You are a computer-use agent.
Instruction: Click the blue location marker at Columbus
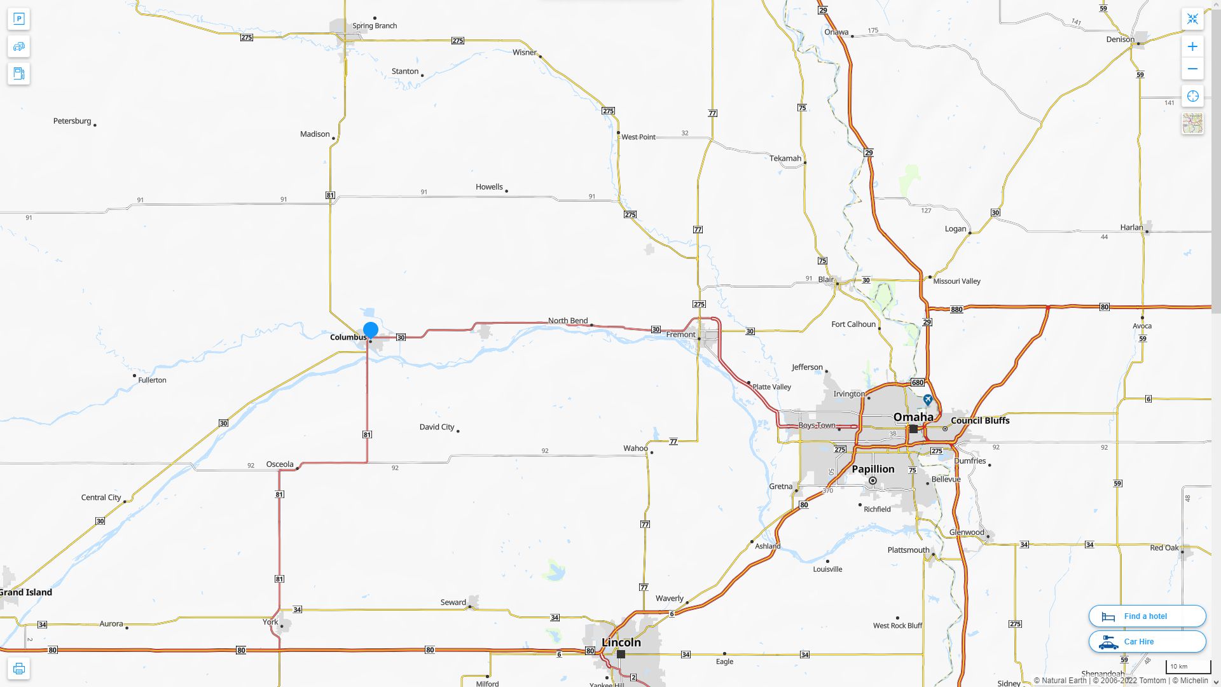tap(371, 330)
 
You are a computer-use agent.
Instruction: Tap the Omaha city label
tap(913, 417)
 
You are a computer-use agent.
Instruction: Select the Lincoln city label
tap(621, 642)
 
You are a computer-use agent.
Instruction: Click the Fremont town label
tap(680, 335)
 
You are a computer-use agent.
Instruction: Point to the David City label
tap(437, 427)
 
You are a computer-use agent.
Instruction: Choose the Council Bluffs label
tap(980, 420)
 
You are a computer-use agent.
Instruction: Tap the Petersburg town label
tap(72, 121)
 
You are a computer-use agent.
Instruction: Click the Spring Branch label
tap(375, 26)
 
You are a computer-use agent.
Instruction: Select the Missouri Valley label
tap(956, 281)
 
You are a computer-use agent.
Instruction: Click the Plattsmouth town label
tap(908, 550)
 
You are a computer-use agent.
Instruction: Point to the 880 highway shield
tap(956, 310)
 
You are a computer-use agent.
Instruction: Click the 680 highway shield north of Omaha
tap(918, 382)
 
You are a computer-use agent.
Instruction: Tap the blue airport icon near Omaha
tap(928, 400)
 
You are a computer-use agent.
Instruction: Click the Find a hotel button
tap(1147, 616)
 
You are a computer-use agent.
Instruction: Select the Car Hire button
tap(1147, 642)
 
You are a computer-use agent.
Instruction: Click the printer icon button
tap(19, 669)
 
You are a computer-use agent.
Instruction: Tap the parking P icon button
tap(19, 19)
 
